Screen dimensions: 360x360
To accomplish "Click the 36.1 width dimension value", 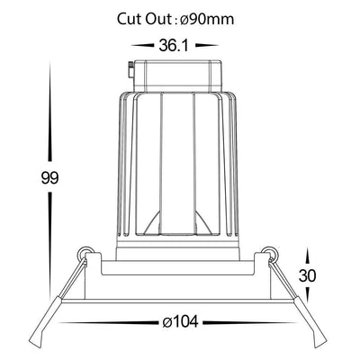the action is click(x=174, y=46).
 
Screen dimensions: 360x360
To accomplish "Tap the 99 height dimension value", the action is click(x=49, y=178).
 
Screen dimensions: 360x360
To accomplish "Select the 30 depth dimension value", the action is click(x=308, y=275).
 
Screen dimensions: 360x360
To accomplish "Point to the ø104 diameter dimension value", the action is click(x=180, y=322).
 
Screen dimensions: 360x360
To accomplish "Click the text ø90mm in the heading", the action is click(x=207, y=20).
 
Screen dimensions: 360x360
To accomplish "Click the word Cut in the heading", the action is click(x=129, y=19).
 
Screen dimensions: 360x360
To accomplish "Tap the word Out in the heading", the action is click(x=158, y=19).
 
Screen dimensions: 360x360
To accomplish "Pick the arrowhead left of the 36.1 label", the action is click(x=142, y=46).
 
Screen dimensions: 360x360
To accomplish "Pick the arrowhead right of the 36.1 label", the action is click(x=207, y=46).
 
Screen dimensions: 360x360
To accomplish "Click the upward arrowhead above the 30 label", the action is click(x=307, y=256).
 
